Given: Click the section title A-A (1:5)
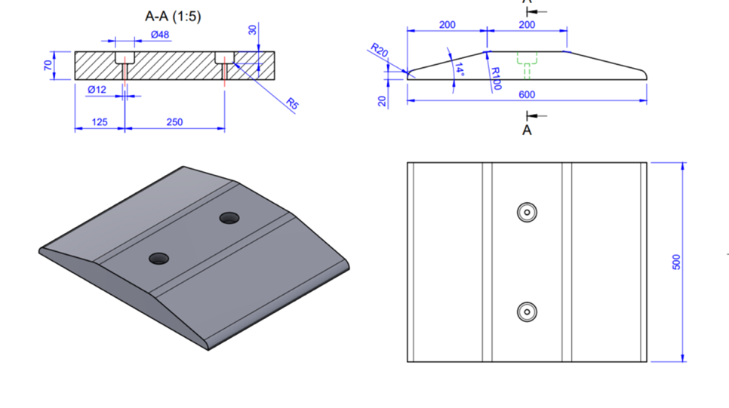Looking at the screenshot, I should tap(173, 15).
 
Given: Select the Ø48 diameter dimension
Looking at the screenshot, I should tap(159, 35).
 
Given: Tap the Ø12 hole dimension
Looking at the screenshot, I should tap(97, 90).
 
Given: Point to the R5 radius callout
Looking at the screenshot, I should tap(292, 104).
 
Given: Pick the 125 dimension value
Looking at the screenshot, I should tap(99, 121).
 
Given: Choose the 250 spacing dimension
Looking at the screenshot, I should tap(174, 121).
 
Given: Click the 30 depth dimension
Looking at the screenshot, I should tap(253, 30).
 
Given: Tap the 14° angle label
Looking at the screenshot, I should tap(458, 69).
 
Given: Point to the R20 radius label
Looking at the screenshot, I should tap(379, 51).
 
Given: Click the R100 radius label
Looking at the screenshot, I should tap(495, 78).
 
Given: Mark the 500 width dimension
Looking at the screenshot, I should tap(677, 262).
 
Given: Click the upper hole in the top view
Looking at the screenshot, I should tap(527, 212).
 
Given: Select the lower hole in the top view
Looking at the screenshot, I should tap(527, 311).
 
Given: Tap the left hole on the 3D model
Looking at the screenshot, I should tap(158, 259).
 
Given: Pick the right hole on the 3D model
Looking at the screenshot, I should tap(229, 218).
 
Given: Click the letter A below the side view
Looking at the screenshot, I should tap(528, 130).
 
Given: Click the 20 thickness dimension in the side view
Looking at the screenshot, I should tap(383, 100).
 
